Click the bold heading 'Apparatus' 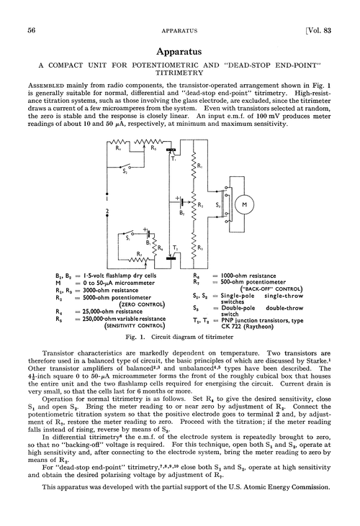180,53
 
